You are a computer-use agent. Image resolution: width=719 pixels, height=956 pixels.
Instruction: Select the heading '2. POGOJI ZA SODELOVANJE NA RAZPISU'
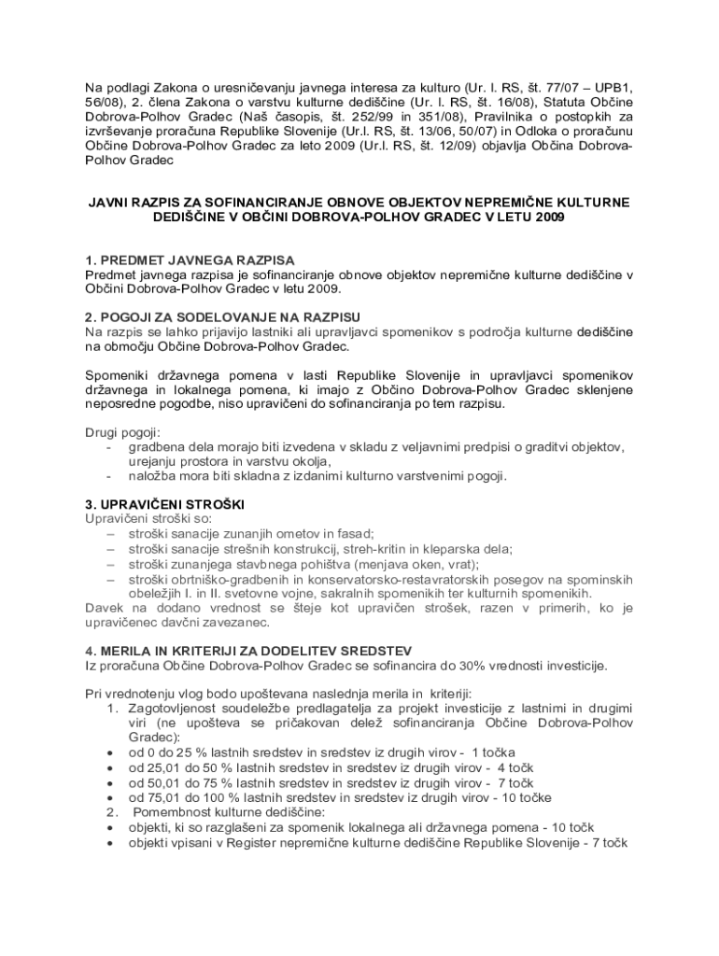222,316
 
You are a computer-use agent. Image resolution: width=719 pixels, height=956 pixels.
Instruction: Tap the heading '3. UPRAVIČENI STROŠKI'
164,504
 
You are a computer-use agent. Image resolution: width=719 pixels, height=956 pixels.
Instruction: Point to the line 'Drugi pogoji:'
122,432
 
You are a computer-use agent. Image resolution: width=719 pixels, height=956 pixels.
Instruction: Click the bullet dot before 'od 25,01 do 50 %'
111,767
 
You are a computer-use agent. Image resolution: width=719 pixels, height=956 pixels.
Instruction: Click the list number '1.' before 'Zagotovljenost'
112,707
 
